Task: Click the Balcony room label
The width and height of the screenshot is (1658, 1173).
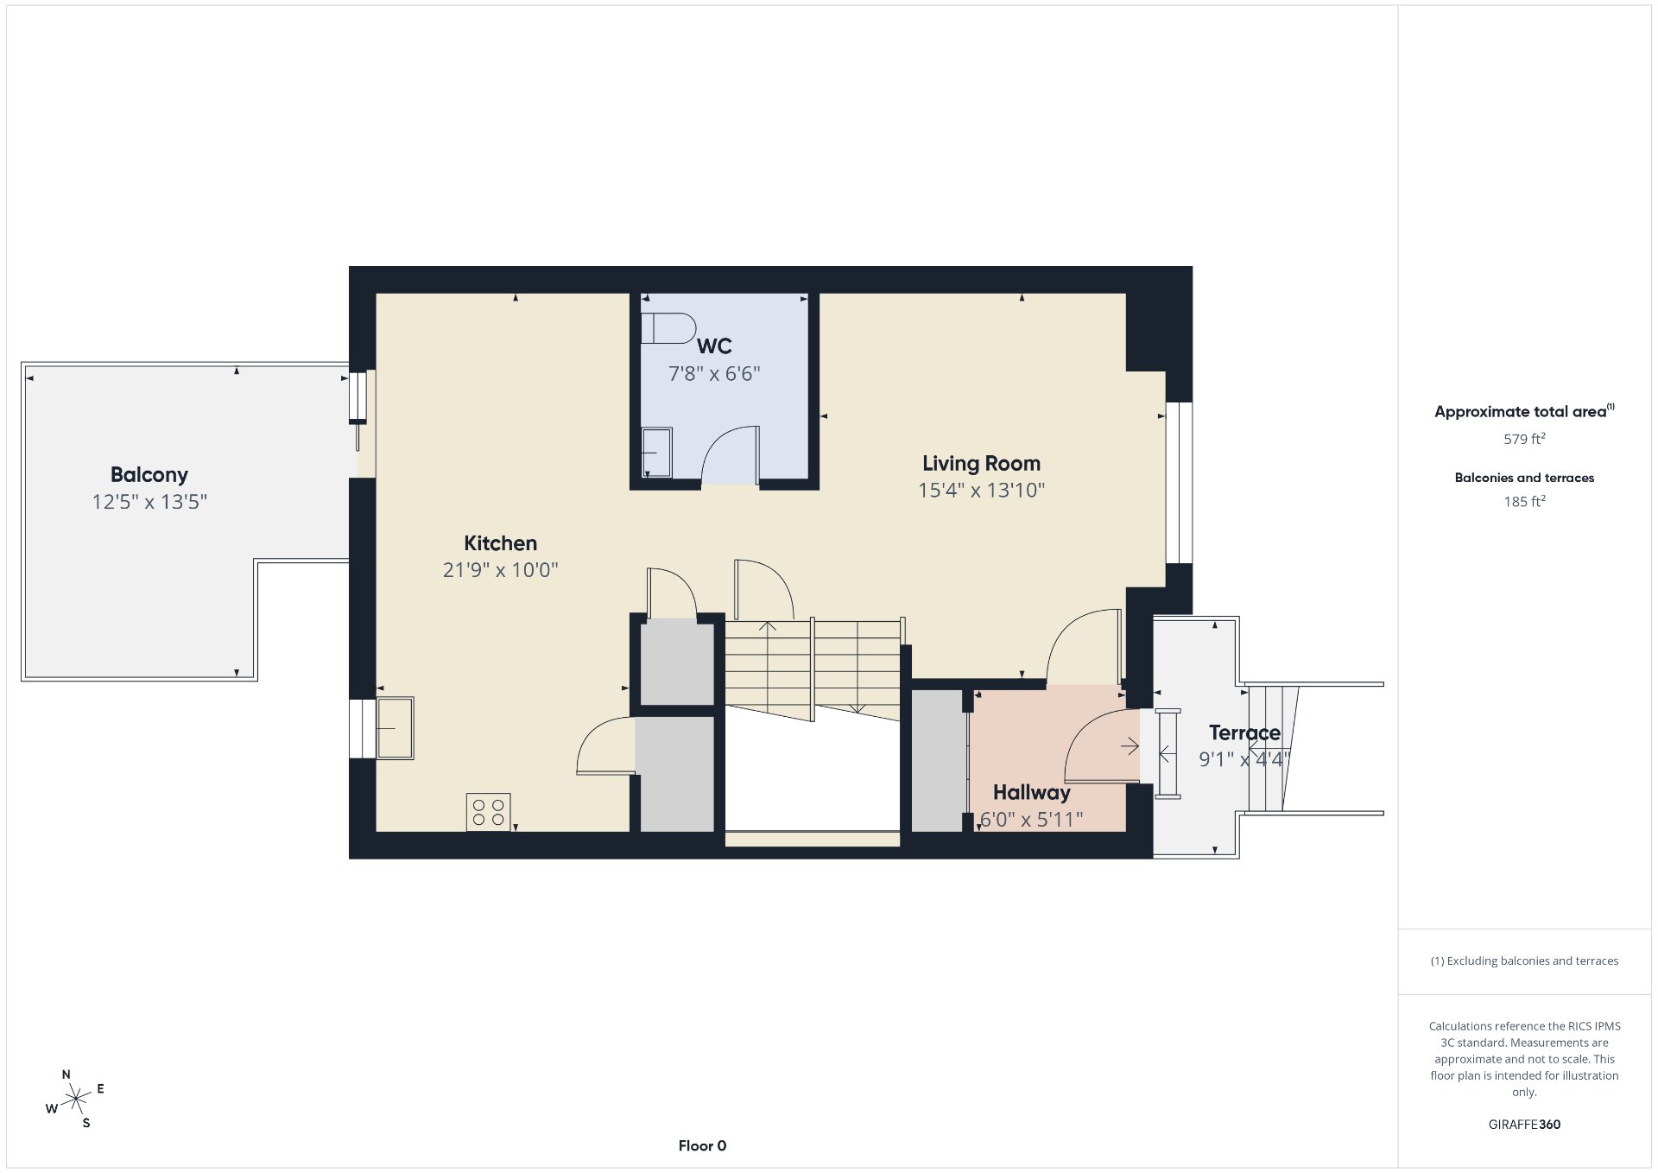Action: (x=149, y=474)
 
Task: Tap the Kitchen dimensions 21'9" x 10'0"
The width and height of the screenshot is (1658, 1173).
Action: (x=500, y=570)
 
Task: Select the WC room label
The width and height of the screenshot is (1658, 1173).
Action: (x=714, y=346)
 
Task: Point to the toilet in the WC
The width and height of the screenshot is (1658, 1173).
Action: (x=668, y=328)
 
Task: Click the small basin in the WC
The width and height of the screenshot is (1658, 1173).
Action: (x=656, y=453)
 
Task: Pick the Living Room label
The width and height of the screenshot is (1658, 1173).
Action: (x=981, y=464)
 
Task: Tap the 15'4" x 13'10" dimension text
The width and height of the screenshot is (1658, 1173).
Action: (x=981, y=491)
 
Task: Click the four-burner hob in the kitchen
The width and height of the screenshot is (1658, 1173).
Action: (x=488, y=812)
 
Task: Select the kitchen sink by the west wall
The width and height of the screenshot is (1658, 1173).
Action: (x=395, y=728)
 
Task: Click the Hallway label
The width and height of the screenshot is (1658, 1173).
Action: (x=1031, y=793)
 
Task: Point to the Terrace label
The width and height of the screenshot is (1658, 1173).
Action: (x=1244, y=733)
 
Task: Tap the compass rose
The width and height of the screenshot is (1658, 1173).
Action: (x=76, y=1099)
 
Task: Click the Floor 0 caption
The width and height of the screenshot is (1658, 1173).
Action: (x=702, y=1146)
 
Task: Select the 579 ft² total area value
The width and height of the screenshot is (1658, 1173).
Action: (x=1524, y=439)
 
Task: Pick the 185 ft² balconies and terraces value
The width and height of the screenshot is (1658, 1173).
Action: (x=1524, y=501)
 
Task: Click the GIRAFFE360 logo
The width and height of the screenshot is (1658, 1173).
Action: (x=1524, y=1125)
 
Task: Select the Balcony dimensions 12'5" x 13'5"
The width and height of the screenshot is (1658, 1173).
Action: (x=149, y=502)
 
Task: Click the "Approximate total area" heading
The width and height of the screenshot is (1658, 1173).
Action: (x=1520, y=412)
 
